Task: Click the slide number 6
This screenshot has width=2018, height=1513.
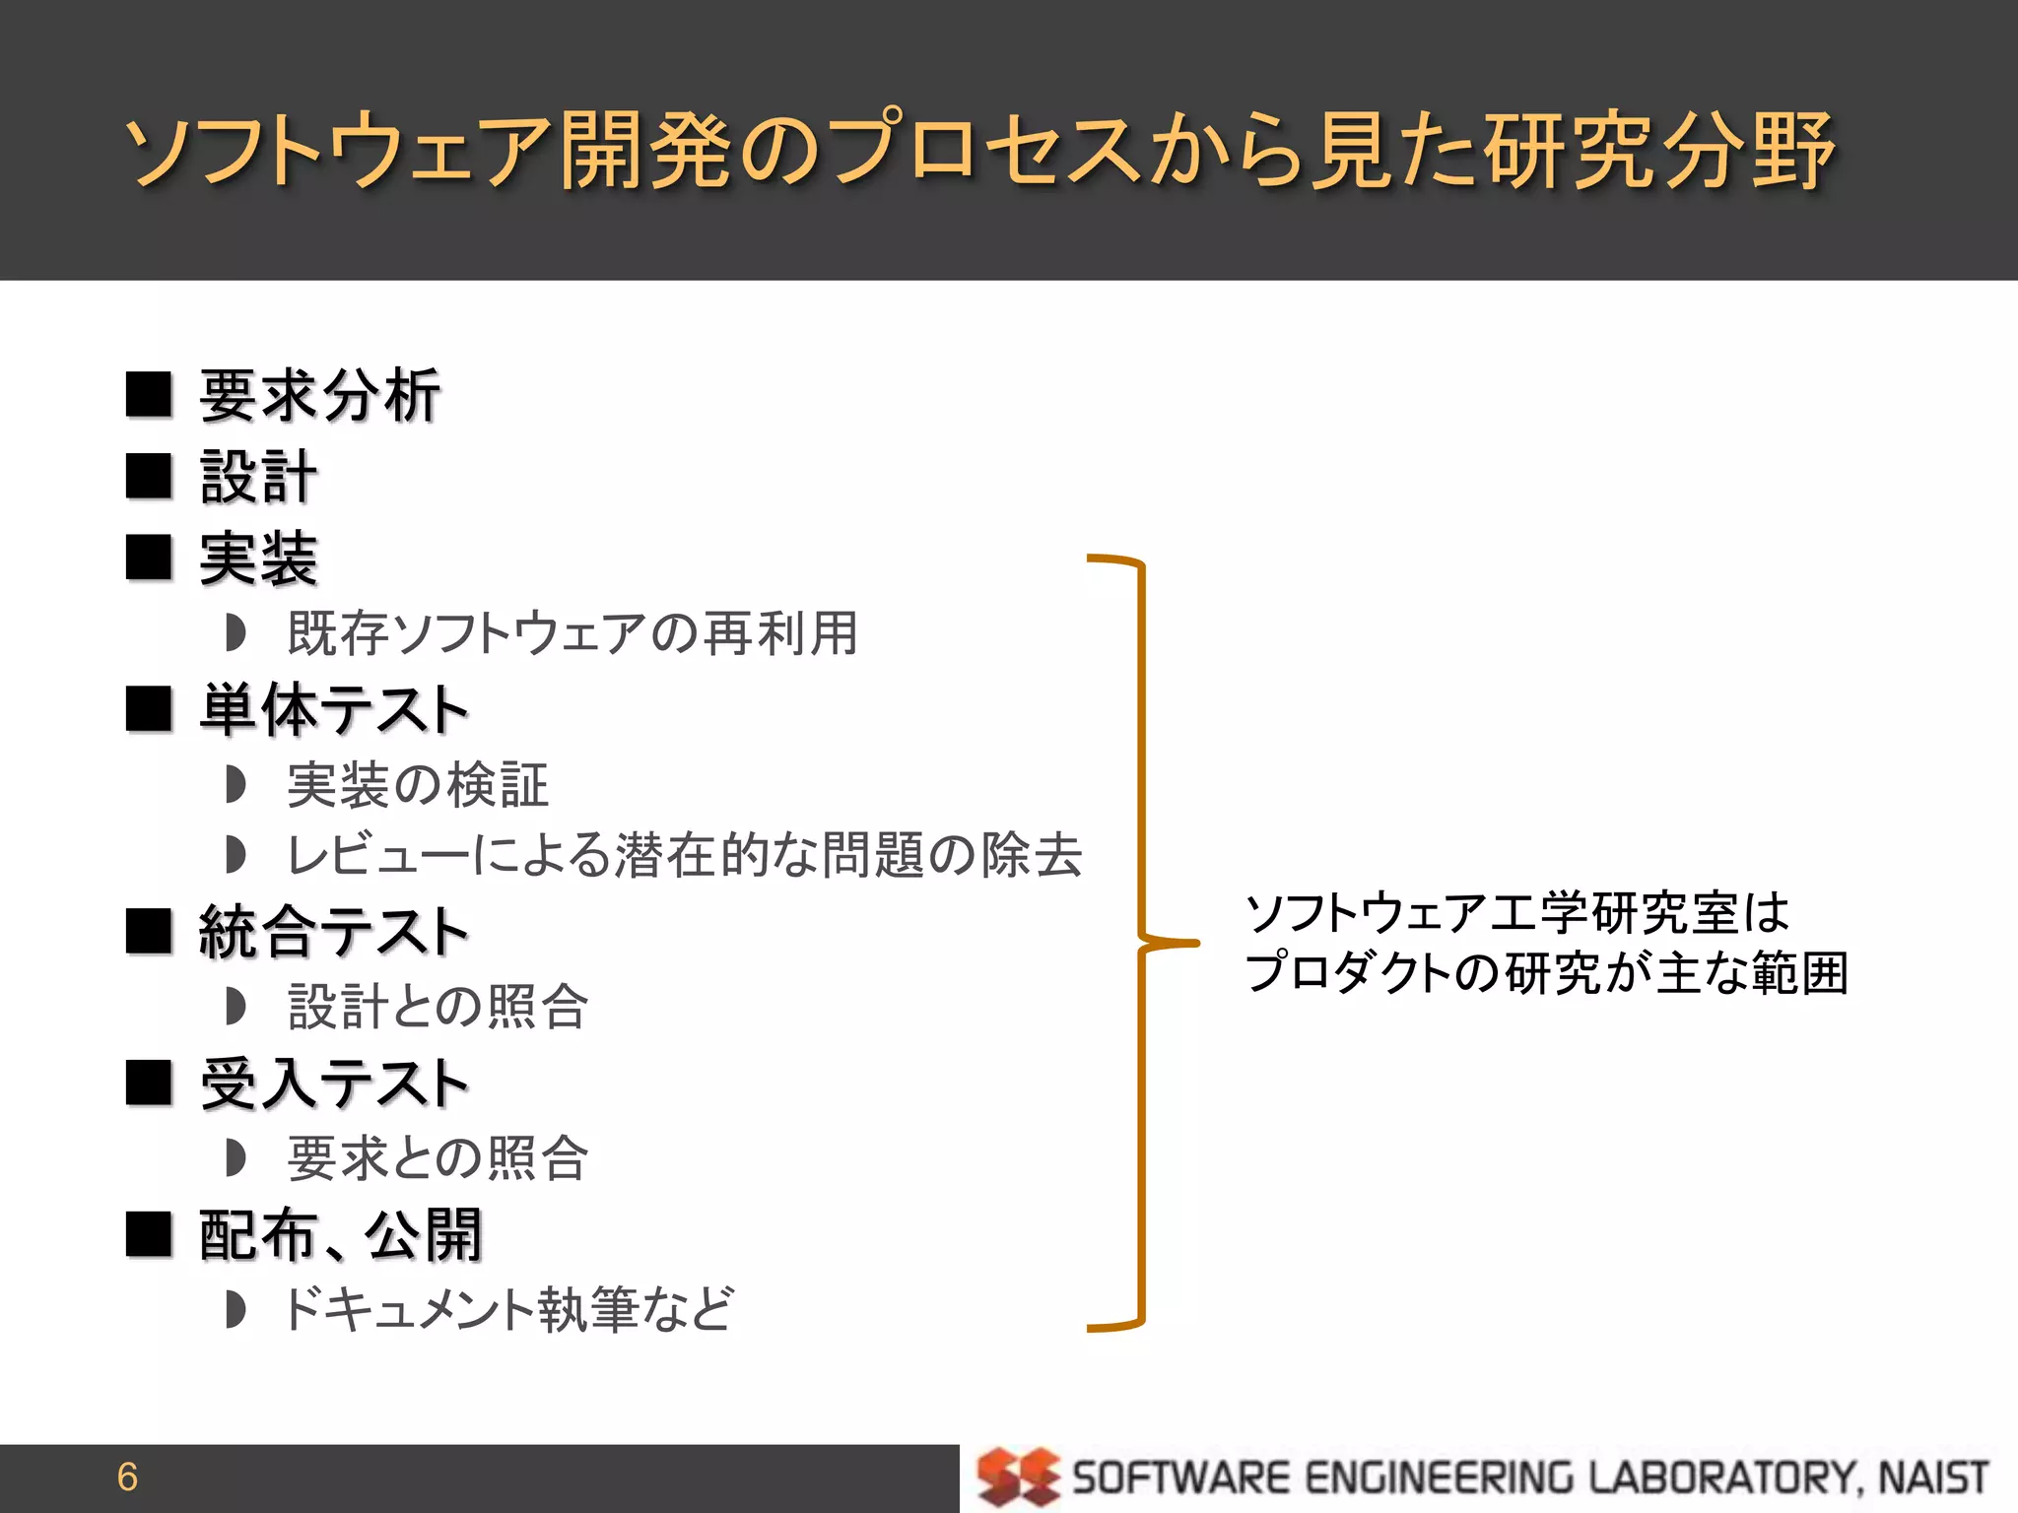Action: (127, 1477)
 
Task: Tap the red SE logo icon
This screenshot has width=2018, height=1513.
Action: (1017, 1477)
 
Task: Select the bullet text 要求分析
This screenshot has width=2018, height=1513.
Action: (320, 396)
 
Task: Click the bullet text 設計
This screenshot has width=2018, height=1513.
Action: (258, 478)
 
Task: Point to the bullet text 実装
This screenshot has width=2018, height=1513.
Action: (258, 559)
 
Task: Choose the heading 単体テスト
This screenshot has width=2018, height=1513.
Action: (333, 710)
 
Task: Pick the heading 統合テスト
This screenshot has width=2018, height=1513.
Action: (333, 932)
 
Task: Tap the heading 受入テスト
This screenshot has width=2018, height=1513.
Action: (333, 1084)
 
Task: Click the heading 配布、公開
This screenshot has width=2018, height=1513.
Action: (340, 1235)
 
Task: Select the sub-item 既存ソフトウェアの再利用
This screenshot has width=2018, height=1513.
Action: (572, 633)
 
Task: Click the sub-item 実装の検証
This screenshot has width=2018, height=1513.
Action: (418, 785)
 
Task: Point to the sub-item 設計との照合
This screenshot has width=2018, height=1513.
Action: (438, 1007)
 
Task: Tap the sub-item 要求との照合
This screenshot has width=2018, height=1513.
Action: (438, 1158)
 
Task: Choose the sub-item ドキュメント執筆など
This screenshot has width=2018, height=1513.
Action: (507, 1310)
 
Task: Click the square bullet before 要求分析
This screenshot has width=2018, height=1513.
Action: (150, 395)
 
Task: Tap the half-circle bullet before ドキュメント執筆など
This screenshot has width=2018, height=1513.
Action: (235, 1310)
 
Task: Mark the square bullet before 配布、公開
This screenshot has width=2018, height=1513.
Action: (150, 1234)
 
